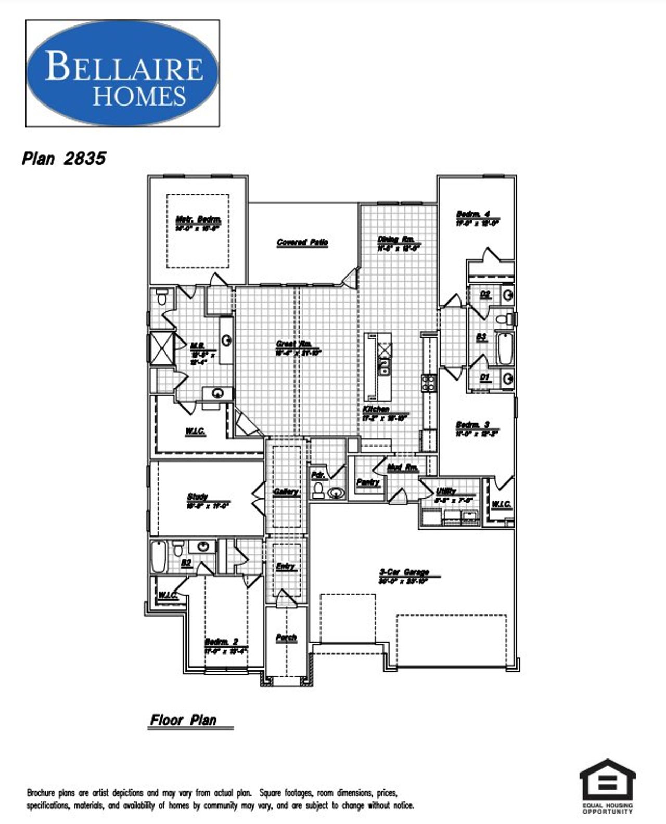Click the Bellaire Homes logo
click(122, 73)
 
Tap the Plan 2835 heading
click(63, 158)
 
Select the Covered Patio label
click(302, 242)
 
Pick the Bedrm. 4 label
click(473, 214)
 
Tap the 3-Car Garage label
click(404, 572)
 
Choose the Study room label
click(198, 497)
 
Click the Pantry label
click(368, 482)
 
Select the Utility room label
click(446, 491)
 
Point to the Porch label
click(286, 637)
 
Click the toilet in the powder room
click(318, 490)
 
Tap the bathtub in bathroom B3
click(505, 349)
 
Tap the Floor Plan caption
click(183, 720)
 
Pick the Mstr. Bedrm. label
click(198, 219)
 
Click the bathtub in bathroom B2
click(158, 556)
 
